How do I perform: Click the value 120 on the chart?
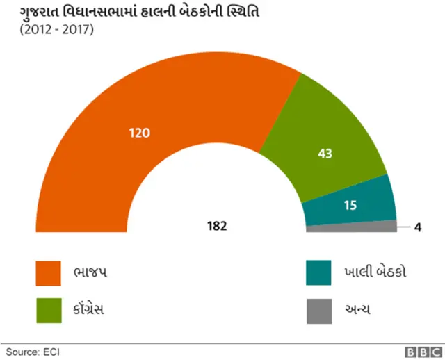(x=140, y=132)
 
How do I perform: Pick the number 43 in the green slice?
(x=325, y=153)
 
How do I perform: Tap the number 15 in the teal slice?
(x=351, y=205)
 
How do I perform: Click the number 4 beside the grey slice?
(x=418, y=227)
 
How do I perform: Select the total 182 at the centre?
(x=217, y=226)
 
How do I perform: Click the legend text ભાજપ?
(x=91, y=272)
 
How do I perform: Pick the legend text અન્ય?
(x=357, y=309)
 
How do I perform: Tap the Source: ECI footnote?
(x=32, y=351)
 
